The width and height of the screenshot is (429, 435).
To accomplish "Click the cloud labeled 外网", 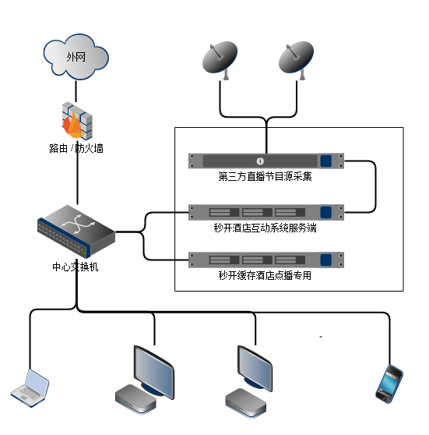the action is tap(76, 57).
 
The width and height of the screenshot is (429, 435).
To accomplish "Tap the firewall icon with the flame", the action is tap(77, 121).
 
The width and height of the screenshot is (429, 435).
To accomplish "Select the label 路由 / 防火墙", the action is tap(76, 148).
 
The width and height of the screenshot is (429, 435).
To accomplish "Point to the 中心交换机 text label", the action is tap(76, 267).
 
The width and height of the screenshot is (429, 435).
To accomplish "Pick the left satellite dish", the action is tap(220, 60).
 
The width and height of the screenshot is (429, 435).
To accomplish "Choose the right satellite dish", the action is tap(297, 60).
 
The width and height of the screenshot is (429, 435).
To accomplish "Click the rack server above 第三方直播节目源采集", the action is tap(266, 161).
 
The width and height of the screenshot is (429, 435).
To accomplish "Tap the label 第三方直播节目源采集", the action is tap(265, 176).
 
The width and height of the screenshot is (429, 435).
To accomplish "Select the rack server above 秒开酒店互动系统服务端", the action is tap(266, 212).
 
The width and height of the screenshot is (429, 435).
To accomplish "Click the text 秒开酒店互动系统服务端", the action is tap(265, 228).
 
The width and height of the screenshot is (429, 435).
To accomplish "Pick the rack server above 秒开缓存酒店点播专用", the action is tap(266, 260).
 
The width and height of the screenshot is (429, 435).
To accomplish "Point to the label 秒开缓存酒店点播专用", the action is tap(265, 275).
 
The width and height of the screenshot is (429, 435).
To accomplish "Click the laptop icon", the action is tap(30, 388).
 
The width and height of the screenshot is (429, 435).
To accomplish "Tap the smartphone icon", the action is tap(389, 384).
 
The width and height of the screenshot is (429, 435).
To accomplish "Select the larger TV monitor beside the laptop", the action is tap(154, 372).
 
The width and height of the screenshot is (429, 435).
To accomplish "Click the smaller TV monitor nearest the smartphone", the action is tap(255, 368).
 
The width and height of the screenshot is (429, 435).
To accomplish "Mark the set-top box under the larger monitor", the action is tap(135, 398).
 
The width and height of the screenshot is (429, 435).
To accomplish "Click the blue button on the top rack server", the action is tap(326, 161).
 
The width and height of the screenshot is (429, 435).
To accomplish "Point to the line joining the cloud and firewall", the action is tap(76, 91).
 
